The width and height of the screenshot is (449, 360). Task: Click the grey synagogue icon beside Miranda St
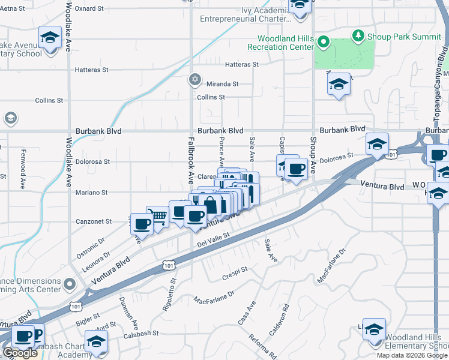[x=194, y=79]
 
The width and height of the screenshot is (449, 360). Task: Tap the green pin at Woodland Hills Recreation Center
[x=324, y=42]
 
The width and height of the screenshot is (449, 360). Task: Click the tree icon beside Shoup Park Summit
[x=358, y=35]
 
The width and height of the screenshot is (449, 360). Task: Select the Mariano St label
[x=91, y=193]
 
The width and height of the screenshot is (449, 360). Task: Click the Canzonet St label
[x=93, y=221]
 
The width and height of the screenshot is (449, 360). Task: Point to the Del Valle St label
[x=214, y=241]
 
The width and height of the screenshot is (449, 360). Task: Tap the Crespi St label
[x=235, y=271]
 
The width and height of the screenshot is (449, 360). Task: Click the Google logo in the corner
[x=20, y=353]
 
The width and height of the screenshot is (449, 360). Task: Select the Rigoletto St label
[x=167, y=292]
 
